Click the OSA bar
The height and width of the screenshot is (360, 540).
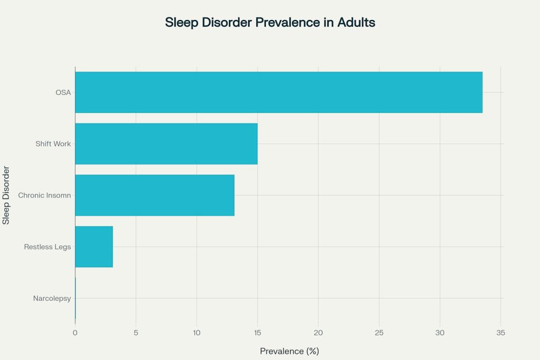278,92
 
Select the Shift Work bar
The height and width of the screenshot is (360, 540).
166,144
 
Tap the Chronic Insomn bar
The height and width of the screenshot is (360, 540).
155,195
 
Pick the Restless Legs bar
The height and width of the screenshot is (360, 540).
94,247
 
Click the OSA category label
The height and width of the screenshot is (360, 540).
63,93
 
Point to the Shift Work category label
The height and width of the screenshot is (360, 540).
53,144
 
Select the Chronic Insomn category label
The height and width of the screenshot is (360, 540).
44,196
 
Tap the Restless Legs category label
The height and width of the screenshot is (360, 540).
47,247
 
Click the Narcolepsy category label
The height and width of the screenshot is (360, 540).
52,298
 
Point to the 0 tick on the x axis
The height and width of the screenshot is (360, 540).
75,333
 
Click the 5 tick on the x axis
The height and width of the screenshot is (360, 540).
136,333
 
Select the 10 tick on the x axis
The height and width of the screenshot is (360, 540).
197,333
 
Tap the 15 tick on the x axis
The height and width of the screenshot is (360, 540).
257,333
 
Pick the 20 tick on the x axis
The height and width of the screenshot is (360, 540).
318,333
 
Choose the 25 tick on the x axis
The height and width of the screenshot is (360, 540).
379,333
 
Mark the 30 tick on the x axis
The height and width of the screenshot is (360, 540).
440,333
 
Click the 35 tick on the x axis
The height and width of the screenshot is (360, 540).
501,333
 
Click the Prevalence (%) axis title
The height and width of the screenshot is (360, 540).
290,351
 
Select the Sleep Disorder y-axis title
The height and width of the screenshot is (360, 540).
6,195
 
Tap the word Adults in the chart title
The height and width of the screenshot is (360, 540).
356,22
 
